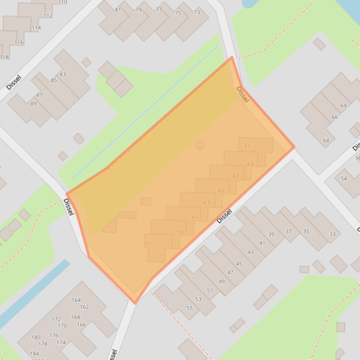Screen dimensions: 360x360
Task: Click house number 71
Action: coord(247,147)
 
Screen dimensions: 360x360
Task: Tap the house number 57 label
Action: coord(148,244)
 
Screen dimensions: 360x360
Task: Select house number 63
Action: coord(206,202)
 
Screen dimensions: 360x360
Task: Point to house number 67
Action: coord(235,176)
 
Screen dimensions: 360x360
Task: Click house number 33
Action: coord(332,234)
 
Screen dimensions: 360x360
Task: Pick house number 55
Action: coord(190,308)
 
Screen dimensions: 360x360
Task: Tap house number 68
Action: coord(326,140)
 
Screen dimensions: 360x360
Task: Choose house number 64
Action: coord(343,105)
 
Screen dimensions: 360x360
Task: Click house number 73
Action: coord(197,12)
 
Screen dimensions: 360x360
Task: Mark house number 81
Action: coord(118,10)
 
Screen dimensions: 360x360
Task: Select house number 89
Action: coord(33,104)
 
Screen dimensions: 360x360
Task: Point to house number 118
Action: coord(4,57)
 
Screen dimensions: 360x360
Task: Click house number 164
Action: coord(76,300)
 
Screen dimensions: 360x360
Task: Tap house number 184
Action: coord(34,353)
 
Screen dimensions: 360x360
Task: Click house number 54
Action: coord(344,179)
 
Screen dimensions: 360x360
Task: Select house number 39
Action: coord(271,235)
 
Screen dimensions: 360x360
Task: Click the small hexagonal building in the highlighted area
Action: coord(200,145)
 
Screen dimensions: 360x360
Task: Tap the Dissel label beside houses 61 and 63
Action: coord(225,216)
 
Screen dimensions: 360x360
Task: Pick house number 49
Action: coord(221,281)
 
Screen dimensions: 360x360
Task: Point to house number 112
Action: coord(48,16)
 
